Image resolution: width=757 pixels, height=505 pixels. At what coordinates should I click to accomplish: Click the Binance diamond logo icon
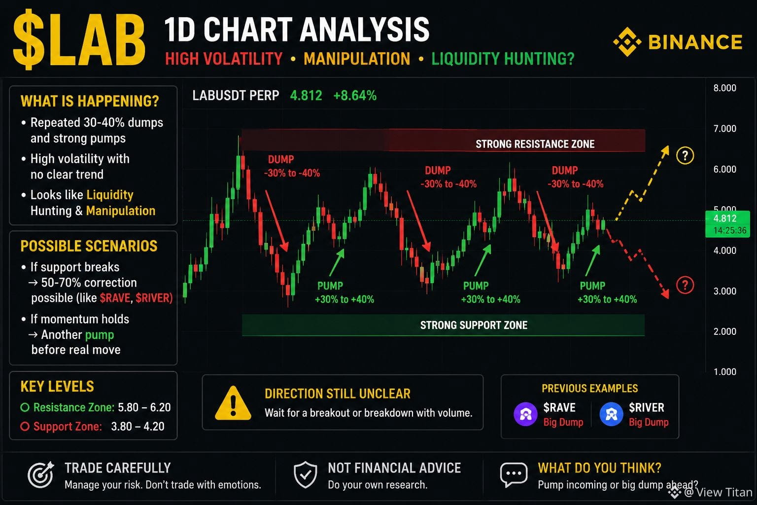(627, 42)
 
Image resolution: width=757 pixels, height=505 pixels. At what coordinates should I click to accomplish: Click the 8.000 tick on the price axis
(724, 88)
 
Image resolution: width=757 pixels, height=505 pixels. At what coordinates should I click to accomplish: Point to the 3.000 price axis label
(724, 291)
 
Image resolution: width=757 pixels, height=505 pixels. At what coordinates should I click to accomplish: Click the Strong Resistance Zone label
(535, 144)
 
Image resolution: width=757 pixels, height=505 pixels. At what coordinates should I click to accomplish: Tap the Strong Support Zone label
(474, 325)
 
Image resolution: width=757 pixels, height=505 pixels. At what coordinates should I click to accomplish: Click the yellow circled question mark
(685, 155)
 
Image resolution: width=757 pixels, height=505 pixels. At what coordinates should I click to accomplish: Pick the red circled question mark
(685, 285)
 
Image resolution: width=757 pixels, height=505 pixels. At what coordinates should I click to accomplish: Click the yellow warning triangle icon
(233, 403)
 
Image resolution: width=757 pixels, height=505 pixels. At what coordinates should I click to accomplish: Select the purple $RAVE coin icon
(525, 414)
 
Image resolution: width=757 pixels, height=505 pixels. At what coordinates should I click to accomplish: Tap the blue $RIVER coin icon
(611, 414)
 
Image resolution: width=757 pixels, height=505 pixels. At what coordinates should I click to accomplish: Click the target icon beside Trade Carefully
(41, 474)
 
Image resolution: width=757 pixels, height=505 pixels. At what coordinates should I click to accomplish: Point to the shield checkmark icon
(306, 474)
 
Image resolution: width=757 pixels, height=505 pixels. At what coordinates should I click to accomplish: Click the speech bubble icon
(514, 474)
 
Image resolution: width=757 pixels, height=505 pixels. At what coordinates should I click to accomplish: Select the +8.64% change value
(355, 95)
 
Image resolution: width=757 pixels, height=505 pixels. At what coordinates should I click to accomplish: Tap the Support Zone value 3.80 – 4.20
(138, 426)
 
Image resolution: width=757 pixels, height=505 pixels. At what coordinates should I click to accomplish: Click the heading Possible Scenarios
(89, 246)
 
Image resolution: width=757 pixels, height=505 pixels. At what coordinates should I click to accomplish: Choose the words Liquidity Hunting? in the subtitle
(503, 59)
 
